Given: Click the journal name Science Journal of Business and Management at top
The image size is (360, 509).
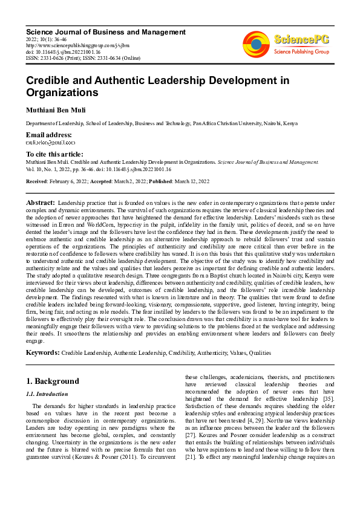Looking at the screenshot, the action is [x=106, y=32].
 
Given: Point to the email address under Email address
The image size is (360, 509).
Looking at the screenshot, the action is [x=51, y=143].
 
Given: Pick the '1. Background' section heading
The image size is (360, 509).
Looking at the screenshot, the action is [x=53, y=381].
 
